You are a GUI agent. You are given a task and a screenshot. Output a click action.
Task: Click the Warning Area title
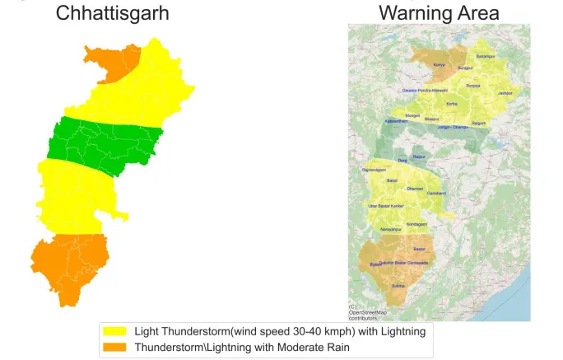[438, 14]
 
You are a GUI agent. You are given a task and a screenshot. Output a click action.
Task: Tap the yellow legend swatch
[114, 331]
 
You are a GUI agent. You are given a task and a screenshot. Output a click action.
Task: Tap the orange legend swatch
[114, 347]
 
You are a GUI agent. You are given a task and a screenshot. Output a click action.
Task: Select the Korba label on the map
[452, 104]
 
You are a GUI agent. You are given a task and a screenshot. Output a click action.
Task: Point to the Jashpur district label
[506, 93]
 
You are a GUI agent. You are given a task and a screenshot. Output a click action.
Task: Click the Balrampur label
[486, 56]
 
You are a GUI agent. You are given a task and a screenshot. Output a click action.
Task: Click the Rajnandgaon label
[374, 170]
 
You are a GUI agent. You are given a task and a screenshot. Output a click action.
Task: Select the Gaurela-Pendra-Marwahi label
[425, 91]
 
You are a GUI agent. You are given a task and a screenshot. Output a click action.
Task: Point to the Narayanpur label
[391, 228]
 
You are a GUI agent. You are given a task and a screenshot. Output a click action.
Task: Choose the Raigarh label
[478, 123]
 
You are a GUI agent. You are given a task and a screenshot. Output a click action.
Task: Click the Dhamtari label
[415, 189]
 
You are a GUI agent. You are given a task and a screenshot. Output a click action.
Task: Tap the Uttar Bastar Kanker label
[385, 205]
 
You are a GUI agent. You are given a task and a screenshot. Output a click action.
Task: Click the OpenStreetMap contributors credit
[367, 314]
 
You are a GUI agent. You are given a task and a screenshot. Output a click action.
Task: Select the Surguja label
[472, 85]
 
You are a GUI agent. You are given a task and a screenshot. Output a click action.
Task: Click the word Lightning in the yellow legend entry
[398, 331]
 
